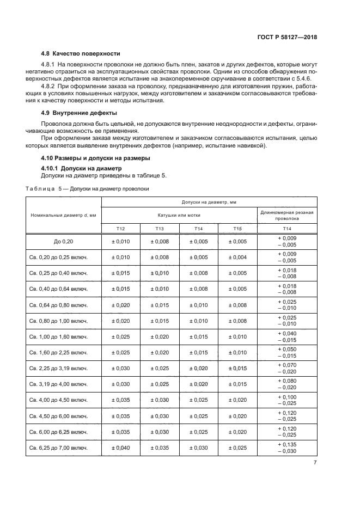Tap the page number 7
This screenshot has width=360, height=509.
point(315,463)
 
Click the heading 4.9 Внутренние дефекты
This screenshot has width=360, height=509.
point(78,113)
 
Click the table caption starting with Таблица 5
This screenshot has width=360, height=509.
point(87,189)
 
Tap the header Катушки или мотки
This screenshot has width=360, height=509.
point(179,215)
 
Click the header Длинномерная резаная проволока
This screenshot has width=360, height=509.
point(286,215)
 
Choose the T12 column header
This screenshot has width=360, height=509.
point(121,229)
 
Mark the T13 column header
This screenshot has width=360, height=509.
point(160,229)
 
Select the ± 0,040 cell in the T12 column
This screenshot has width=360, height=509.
point(121,448)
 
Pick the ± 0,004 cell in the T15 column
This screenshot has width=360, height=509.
point(237,257)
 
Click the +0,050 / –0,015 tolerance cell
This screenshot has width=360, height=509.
point(286,353)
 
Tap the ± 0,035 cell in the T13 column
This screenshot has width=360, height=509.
point(160,448)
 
